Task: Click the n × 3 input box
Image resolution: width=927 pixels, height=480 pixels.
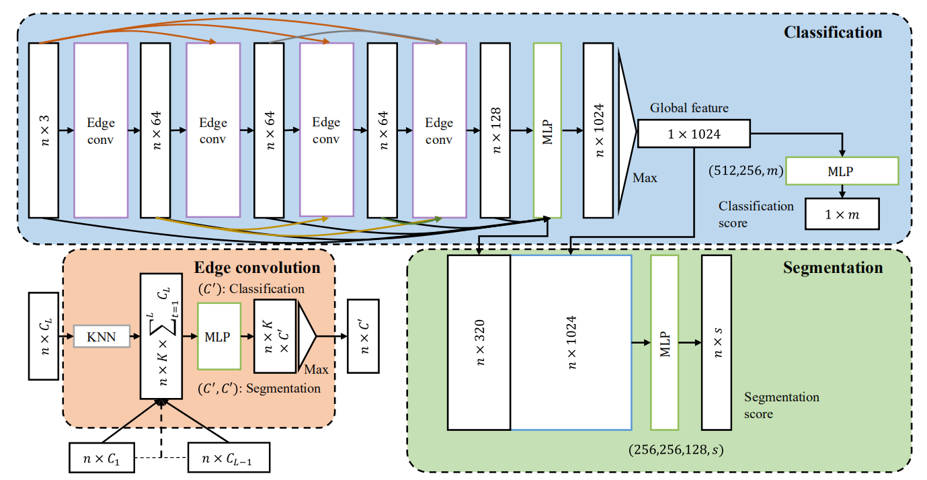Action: pos(44,130)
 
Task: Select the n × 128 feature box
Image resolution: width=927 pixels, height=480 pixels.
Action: pos(495,130)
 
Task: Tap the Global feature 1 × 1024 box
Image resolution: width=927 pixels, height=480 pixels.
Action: pos(693,134)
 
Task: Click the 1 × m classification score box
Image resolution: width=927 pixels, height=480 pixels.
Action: pos(842,214)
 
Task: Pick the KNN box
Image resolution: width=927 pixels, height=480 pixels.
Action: pos(100,337)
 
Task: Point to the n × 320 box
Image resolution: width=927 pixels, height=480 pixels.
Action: pos(479,342)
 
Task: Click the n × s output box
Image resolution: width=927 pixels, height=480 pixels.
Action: pos(716,342)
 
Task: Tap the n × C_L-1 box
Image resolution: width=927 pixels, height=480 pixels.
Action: pos(229,458)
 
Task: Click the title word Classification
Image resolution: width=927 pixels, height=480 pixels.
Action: pos(833,32)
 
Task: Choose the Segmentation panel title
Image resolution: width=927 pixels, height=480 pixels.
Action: pos(833,268)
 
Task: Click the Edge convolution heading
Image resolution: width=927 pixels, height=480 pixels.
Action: pos(257,268)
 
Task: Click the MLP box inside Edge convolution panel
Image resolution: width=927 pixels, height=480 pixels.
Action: pos(218,337)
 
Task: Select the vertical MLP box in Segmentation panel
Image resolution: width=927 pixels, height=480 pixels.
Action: pos(664,342)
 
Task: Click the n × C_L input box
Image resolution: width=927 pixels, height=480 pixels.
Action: pos(45,335)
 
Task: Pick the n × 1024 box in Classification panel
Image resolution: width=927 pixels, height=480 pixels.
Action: pos(599,130)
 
